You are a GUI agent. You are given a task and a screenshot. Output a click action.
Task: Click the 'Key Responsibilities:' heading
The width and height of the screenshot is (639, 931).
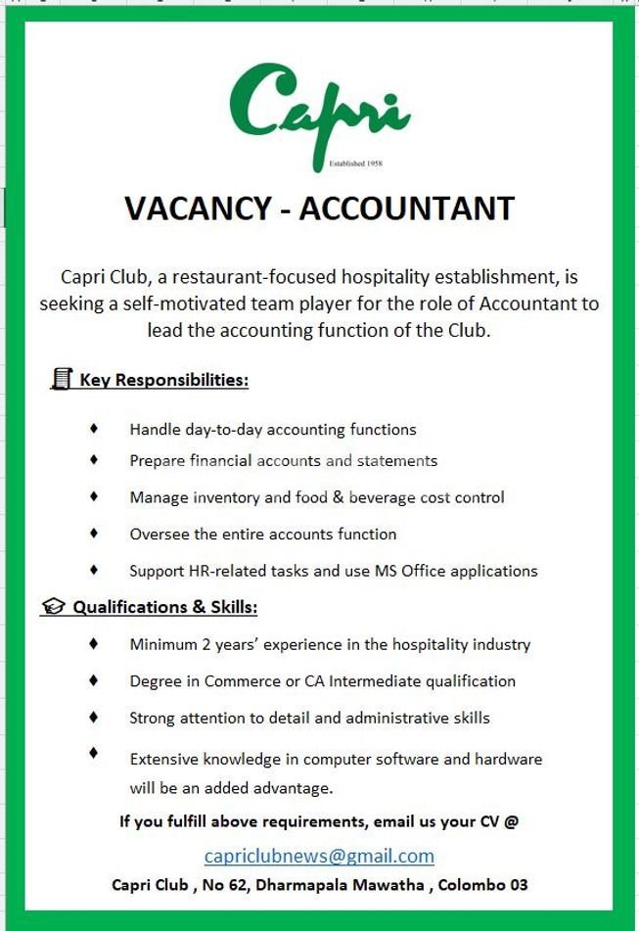(163, 380)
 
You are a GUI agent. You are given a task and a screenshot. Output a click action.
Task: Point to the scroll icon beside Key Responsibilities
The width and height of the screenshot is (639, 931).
(62, 379)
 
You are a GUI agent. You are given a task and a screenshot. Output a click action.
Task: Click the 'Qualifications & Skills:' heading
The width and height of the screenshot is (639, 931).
(165, 607)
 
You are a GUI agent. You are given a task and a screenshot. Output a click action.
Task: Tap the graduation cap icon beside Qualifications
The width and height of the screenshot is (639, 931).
(53, 607)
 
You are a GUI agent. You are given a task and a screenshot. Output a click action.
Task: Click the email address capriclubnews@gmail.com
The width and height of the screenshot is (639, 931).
(319, 856)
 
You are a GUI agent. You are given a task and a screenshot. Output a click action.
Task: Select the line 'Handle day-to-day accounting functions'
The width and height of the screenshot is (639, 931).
(273, 429)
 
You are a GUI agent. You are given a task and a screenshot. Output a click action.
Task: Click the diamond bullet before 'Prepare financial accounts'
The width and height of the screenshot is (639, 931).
(94, 459)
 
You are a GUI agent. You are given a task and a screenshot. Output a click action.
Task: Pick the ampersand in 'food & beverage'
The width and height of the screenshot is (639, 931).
(339, 497)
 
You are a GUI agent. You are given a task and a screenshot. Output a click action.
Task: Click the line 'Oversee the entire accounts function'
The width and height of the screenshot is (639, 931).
(263, 534)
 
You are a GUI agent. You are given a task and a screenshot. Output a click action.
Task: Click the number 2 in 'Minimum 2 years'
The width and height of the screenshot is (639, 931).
(201, 644)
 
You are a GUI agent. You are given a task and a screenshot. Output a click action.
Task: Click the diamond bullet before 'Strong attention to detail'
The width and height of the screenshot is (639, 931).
(94, 717)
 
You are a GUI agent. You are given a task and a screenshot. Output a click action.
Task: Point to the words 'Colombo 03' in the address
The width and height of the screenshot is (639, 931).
(482, 885)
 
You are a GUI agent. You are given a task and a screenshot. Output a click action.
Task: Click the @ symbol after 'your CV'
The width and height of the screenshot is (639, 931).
(511, 821)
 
